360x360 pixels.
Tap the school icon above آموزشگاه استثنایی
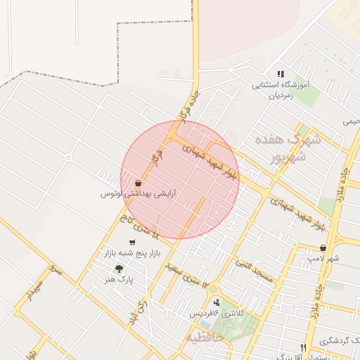point(281,74)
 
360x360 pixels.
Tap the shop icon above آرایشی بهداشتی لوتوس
point(137,182)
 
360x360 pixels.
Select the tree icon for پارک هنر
point(118,268)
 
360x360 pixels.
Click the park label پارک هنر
point(120,279)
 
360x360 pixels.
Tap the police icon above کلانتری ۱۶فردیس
point(217,302)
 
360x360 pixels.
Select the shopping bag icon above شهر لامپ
point(323,247)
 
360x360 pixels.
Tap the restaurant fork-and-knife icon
point(304,347)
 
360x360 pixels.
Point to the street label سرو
point(57,269)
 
